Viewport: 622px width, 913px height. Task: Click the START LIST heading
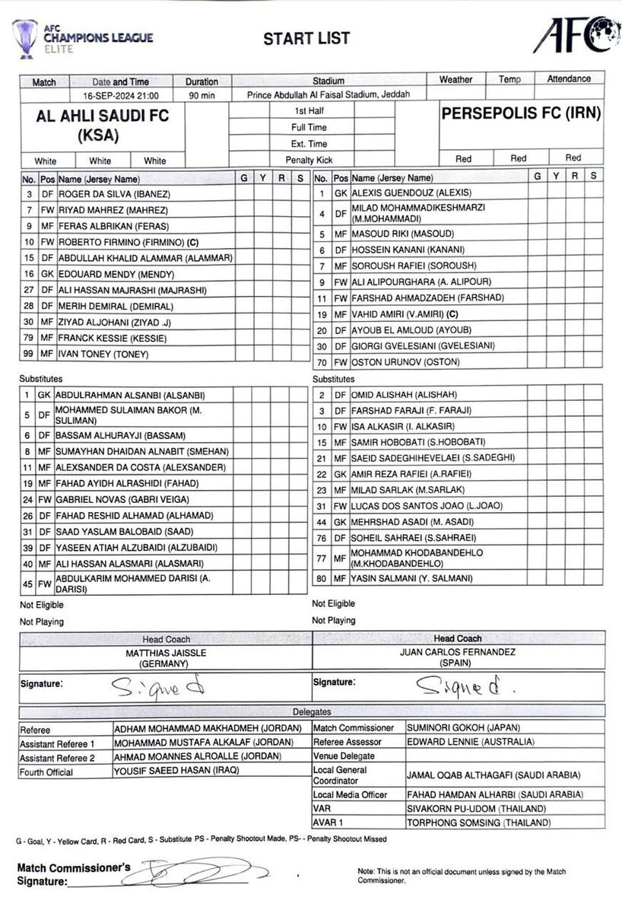point(306,39)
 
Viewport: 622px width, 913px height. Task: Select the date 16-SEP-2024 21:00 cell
point(121,96)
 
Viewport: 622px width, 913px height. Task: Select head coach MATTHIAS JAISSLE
point(166,653)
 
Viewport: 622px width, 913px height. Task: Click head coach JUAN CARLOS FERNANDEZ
point(457,652)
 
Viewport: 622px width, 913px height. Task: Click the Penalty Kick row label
point(309,160)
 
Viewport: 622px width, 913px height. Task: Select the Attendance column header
point(568,79)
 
